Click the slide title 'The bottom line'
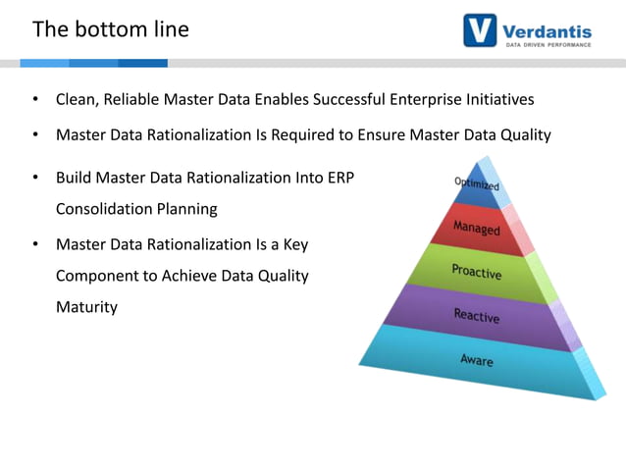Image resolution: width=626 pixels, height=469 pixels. (110, 29)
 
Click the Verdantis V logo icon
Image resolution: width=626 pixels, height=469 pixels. (480, 29)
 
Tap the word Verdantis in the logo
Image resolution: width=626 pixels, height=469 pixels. (548, 26)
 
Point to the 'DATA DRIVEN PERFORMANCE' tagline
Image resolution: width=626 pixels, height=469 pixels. (548, 44)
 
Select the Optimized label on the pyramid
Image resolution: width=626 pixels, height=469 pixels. (477, 184)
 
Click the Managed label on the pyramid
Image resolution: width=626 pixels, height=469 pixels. (476, 228)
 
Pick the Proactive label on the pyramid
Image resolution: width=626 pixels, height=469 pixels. (476, 271)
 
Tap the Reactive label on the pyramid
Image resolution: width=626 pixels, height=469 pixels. (476, 315)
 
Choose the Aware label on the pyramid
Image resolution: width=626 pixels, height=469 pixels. (477, 360)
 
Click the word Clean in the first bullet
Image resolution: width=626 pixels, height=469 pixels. (78, 100)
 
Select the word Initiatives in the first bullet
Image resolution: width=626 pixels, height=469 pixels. (497, 100)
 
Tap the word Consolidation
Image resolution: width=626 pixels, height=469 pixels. (106, 209)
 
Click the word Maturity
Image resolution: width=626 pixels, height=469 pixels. (86, 307)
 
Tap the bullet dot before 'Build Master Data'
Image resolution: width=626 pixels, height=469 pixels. (34, 179)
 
